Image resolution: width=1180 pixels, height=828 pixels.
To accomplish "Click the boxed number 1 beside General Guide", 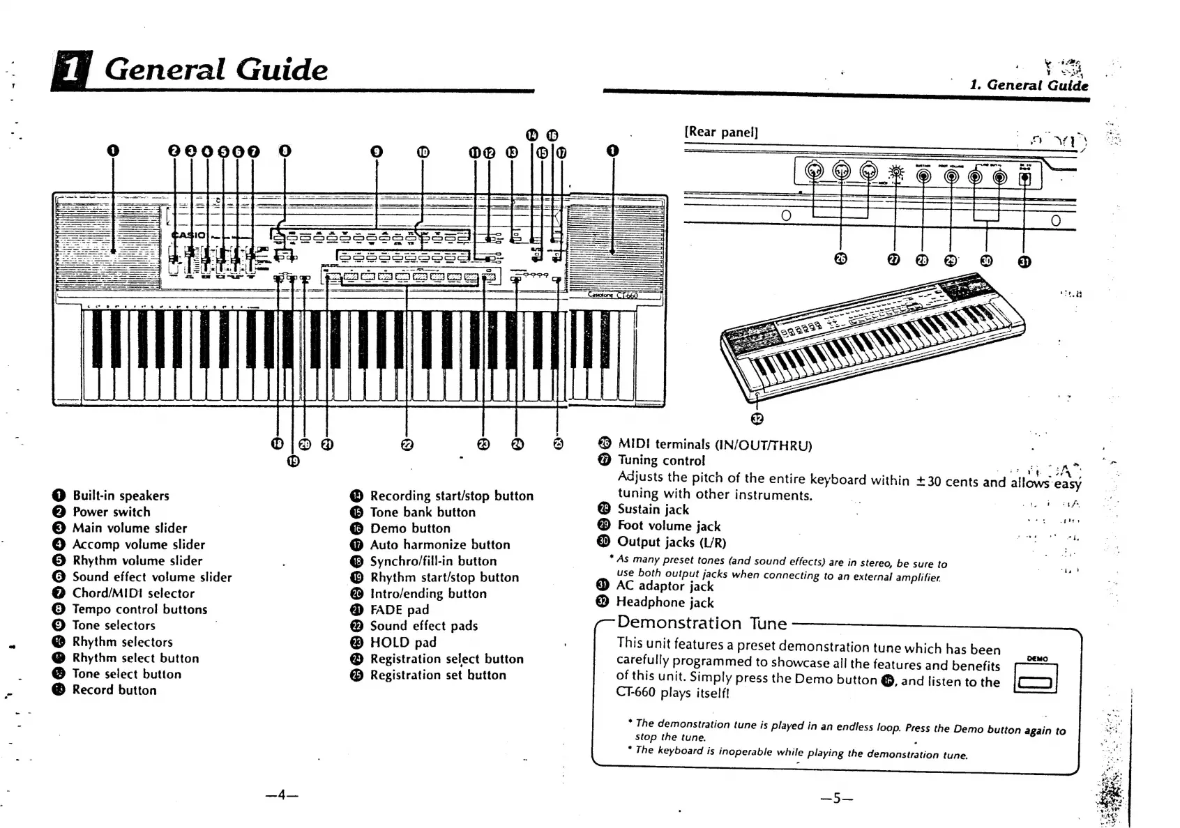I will (69, 72).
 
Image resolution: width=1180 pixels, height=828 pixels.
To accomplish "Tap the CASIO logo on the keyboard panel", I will (190, 235).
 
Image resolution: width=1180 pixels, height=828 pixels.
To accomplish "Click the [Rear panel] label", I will (721, 132).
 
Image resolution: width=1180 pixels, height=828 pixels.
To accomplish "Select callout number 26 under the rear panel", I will (840, 259).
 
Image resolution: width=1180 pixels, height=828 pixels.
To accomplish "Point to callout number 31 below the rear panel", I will (1024, 261).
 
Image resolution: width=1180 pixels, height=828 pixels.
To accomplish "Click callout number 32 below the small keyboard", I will (757, 418).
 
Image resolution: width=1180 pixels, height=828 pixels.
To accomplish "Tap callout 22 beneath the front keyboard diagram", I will (407, 444).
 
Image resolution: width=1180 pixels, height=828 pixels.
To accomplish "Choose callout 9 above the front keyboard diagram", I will (377, 151).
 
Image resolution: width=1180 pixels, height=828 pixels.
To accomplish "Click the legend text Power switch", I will (112, 512).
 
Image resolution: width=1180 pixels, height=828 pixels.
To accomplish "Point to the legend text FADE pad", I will (399, 610).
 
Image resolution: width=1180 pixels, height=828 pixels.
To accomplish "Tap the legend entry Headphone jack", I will (665, 602).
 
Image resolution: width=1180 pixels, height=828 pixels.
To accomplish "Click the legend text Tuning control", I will (661, 460).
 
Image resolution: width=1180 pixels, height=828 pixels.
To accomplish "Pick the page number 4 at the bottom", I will (282, 795).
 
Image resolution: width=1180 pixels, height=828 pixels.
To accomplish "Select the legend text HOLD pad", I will (403, 643).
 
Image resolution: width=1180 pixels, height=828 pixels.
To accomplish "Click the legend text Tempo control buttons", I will (139, 609).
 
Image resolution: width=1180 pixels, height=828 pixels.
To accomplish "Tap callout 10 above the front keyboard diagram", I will (423, 151).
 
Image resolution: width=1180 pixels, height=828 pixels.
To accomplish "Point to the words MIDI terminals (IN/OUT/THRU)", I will (715, 445).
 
